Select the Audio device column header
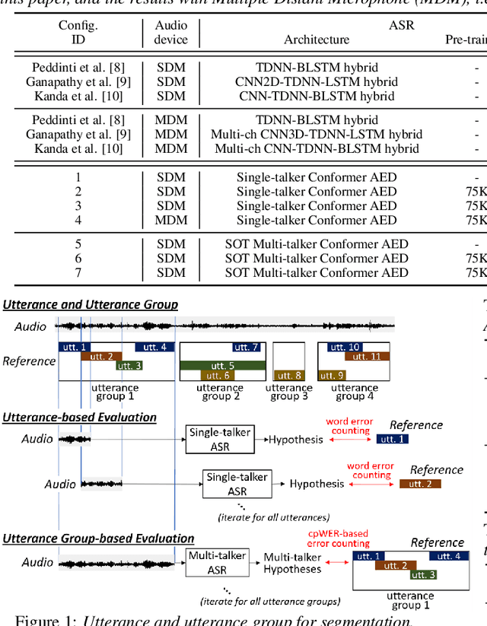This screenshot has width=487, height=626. coord(171,32)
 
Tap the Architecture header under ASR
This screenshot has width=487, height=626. coord(317,40)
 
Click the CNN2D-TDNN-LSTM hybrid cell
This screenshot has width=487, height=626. coord(317,81)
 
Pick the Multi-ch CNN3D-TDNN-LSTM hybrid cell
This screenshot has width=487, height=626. coord(317,135)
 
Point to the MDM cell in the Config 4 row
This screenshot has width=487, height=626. coord(171,221)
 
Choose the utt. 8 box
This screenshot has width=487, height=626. coord(288,375)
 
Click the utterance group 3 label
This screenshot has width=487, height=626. coord(288,392)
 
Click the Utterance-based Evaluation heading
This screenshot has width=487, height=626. coord(80,418)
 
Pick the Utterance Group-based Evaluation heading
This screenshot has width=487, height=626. coord(99,539)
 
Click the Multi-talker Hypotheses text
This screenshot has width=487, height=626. coord(292,563)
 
